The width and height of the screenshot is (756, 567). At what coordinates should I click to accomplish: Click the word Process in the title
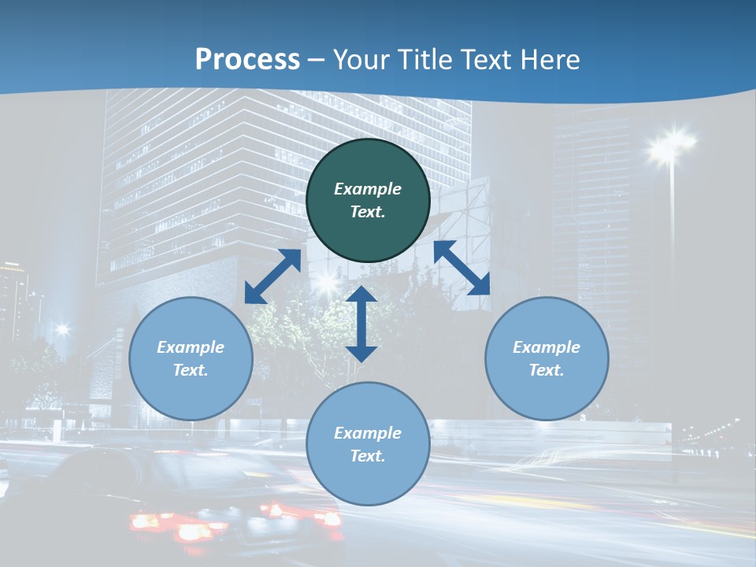tap(247, 60)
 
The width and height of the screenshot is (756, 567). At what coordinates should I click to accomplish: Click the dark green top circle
tap(368, 200)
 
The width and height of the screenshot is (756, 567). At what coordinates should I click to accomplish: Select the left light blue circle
tap(191, 358)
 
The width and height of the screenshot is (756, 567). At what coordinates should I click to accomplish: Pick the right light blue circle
tap(547, 358)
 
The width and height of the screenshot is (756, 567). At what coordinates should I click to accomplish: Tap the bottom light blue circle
tap(368, 444)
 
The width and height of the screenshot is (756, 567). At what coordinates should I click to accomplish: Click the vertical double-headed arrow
tap(361, 324)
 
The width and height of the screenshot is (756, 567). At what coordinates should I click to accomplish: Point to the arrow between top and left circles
tap(272, 276)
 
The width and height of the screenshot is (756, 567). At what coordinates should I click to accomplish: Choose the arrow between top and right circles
tap(461, 268)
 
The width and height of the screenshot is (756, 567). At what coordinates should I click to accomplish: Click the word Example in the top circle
tap(368, 189)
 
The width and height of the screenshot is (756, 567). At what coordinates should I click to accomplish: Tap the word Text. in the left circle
tap(191, 370)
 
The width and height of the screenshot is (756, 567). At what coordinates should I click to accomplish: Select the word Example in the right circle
tap(547, 347)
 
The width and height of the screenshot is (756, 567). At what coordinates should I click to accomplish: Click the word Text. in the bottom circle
tap(368, 456)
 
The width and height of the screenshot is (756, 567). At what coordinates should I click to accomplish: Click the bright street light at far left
tap(62, 329)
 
